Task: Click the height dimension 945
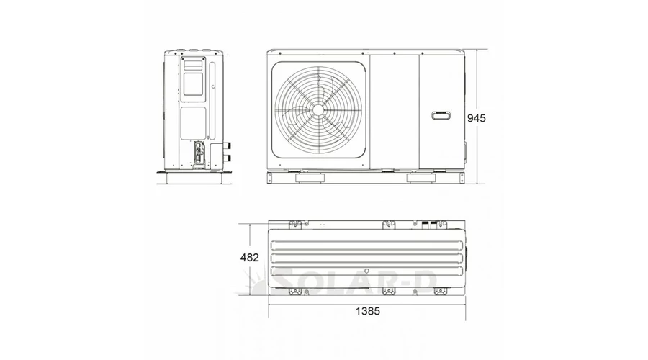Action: tap(476, 118)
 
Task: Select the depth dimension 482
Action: tap(250, 258)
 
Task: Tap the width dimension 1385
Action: tap(368, 311)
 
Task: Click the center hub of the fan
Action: tap(318, 109)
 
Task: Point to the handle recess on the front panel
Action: tap(441, 115)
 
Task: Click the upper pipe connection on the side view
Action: tap(227, 146)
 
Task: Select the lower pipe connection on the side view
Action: tap(227, 158)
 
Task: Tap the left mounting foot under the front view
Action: tap(310, 178)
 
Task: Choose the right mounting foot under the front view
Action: tap(421, 178)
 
